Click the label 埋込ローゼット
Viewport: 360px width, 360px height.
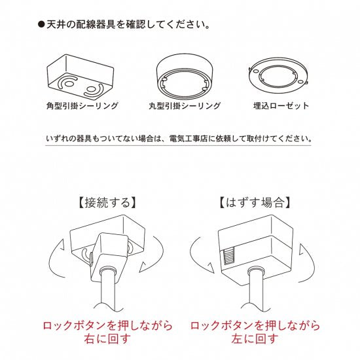(x=281, y=105)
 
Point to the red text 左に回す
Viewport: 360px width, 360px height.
(x=255, y=339)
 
